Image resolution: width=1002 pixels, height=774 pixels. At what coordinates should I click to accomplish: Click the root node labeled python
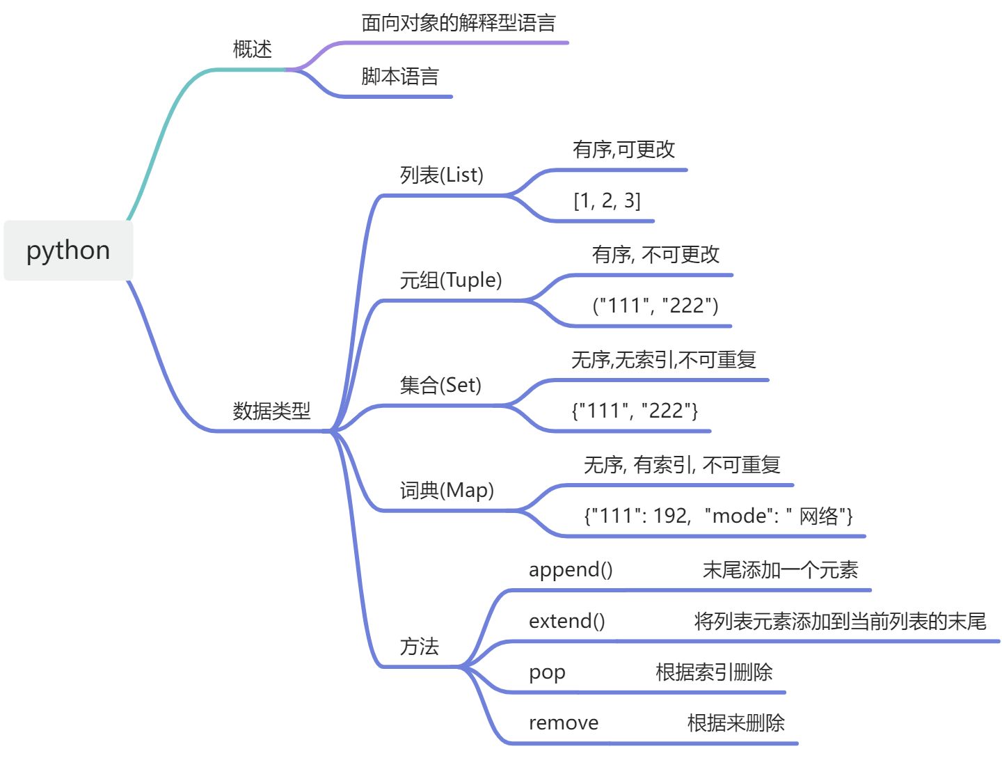tap(68, 251)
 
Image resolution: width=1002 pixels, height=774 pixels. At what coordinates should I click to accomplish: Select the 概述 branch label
tap(252, 49)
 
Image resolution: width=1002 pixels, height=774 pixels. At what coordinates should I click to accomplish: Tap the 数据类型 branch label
tap(271, 411)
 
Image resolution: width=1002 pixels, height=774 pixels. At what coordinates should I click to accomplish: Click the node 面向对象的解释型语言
tap(459, 23)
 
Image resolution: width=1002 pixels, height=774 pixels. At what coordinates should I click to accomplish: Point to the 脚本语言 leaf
tap(400, 77)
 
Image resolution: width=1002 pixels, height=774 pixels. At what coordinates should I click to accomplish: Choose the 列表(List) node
tap(441, 175)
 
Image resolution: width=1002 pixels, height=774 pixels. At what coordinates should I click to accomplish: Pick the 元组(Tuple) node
tap(450, 280)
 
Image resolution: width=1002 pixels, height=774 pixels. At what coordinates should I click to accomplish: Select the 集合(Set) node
tap(440, 385)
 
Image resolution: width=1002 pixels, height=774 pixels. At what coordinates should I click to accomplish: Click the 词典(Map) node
tap(447, 490)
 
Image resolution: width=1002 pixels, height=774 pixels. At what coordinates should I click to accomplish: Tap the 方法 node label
tap(419, 647)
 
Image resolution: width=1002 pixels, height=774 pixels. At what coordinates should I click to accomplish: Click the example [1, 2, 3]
tap(607, 200)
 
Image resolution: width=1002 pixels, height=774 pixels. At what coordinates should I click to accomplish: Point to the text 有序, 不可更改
tap(655, 255)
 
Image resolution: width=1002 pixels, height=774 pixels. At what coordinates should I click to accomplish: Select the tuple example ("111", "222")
tap(655, 306)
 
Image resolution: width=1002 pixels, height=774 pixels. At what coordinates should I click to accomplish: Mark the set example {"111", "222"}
tap(635, 411)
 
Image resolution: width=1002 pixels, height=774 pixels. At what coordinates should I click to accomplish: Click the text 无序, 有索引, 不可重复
tap(682, 465)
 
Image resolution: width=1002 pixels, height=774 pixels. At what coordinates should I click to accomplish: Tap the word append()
tap(571, 570)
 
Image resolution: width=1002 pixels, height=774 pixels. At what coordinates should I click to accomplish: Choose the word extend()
tap(566, 621)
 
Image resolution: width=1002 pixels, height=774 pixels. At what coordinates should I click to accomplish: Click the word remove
tap(563, 723)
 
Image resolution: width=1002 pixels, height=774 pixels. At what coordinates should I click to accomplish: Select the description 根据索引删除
tap(714, 672)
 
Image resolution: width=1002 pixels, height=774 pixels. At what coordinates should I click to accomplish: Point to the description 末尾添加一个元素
tap(780, 570)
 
